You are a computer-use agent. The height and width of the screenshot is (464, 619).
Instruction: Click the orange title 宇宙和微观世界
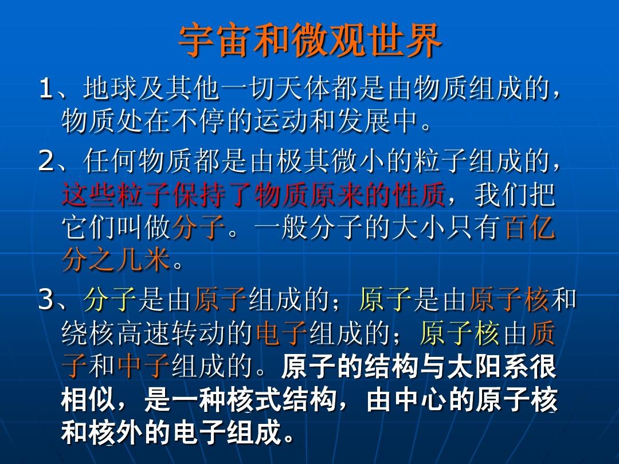tap(310, 41)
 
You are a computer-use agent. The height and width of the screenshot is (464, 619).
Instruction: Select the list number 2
tap(46, 161)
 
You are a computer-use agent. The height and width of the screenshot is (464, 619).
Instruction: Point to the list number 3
tap(46, 300)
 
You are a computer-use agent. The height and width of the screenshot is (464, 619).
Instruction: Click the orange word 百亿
tap(530, 228)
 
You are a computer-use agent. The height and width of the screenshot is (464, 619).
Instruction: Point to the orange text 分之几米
tap(116, 261)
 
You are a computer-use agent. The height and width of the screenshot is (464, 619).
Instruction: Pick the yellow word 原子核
tap(460, 333)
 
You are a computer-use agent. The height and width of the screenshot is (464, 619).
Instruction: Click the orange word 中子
tap(144, 365)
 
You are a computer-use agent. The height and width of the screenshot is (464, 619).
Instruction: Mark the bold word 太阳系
tap(488, 366)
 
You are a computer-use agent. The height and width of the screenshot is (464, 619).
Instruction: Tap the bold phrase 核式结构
tap(281, 399)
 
